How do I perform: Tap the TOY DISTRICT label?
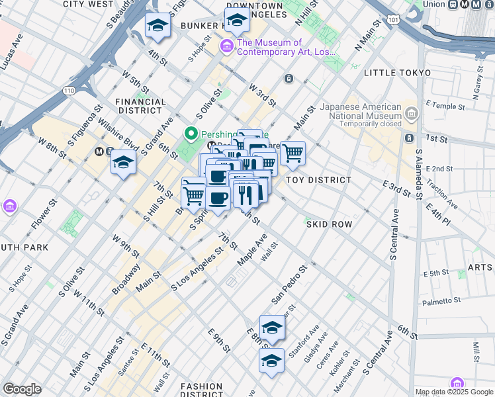tap(318, 180)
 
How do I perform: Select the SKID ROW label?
tap(329, 224)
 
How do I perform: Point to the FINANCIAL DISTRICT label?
tap(140, 107)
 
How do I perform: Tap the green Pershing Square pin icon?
tap(192, 134)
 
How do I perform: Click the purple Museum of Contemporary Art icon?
tap(226, 46)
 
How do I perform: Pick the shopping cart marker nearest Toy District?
tap(292, 154)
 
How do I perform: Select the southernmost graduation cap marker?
tap(271, 361)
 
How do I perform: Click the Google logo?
tap(22, 389)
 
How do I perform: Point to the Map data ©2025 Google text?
tap(454, 392)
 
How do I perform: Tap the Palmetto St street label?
tap(443, 300)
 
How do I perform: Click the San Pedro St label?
tap(289, 286)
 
